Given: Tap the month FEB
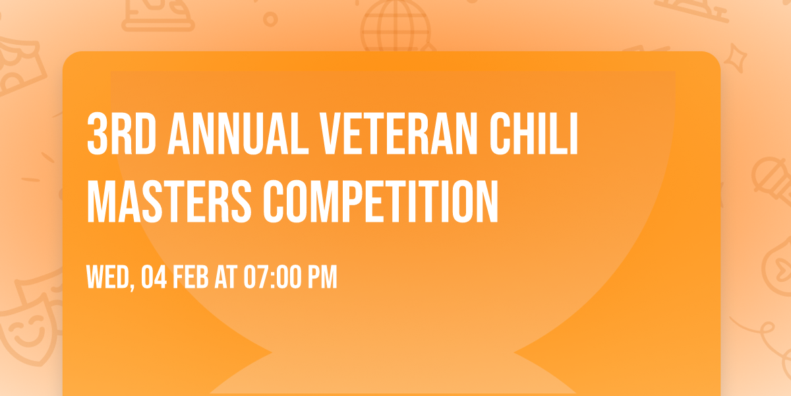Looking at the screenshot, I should (192, 277).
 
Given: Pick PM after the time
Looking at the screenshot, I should (323, 277).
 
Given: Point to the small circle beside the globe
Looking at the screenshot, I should (270, 20).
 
